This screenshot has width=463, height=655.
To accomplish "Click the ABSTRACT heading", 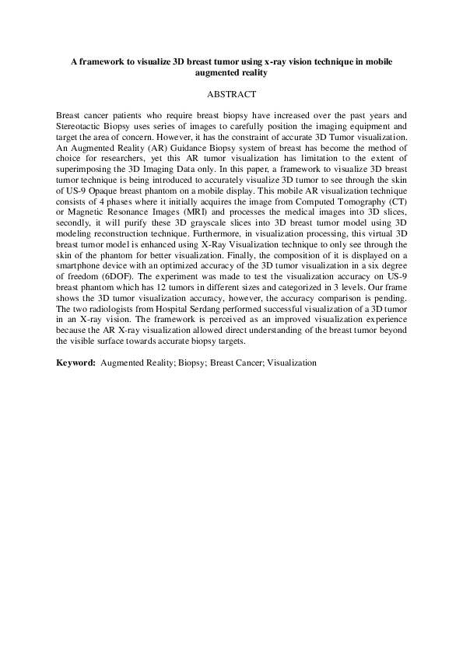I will [x=231, y=94].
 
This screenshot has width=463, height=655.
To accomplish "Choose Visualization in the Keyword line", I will [x=292, y=363].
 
